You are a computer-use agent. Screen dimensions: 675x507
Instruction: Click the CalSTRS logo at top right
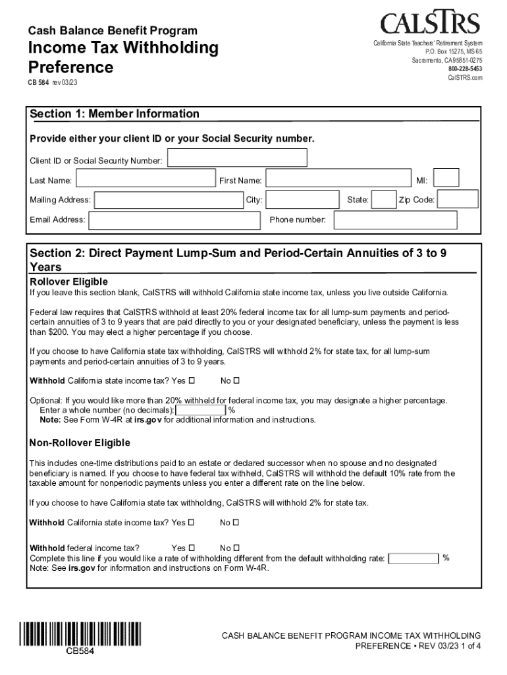[x=430, y=24]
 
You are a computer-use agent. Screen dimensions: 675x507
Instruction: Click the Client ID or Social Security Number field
[x=237, y=158]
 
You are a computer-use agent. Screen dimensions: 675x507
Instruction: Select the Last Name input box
[x=144, y=180]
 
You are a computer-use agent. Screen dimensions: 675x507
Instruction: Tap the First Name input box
[x=336, y=180]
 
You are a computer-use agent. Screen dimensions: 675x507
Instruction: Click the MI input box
[x=446, y=178]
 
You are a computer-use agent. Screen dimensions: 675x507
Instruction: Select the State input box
[x=383, y=200]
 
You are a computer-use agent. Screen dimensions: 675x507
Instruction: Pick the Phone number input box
[x=394, y=220]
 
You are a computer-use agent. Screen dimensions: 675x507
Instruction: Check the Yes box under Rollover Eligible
[x=192, y=380]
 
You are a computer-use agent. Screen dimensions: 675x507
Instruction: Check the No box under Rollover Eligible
[x=236, y=380]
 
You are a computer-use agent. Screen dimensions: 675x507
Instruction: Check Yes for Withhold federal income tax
[x=192, y=548]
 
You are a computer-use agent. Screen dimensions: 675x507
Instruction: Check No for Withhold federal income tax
[x=236, y=548]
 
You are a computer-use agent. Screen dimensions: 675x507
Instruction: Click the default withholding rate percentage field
[x=414, y=559]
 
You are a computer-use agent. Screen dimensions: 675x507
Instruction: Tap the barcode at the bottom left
[x=81, y=633]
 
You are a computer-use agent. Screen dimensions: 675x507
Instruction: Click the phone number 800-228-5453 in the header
[x=465, y=69]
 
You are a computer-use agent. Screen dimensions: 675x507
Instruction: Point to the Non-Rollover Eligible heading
[x=80, y=442]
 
